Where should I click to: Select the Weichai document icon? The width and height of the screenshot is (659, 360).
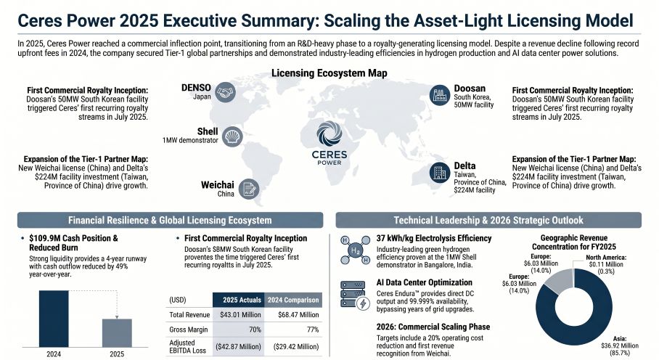point(247,189)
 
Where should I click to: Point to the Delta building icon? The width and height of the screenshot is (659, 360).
point(439,171)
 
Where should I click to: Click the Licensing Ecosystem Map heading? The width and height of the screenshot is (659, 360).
point(329,73)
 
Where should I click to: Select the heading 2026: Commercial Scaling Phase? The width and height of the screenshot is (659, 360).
point(434,326)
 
